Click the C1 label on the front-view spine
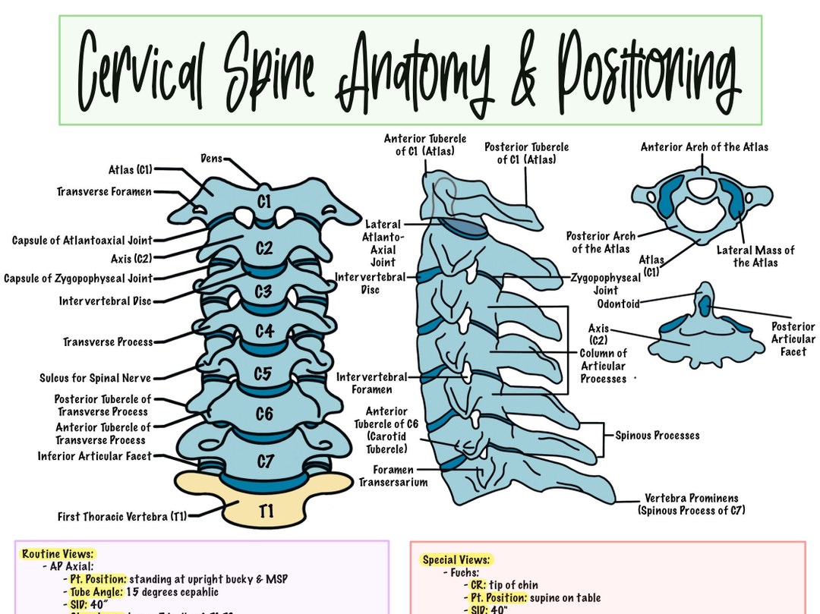263,202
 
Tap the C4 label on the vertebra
263,331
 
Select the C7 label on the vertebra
263,461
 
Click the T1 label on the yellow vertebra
265,512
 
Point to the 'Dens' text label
212,159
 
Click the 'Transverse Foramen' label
104,192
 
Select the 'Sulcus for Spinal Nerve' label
95,378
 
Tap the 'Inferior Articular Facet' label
95,456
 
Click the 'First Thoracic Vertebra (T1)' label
122,517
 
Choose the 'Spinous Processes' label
657,436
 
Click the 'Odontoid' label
618,304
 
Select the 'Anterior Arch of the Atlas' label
704,147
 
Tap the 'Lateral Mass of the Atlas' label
755,257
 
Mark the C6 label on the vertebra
263,414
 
